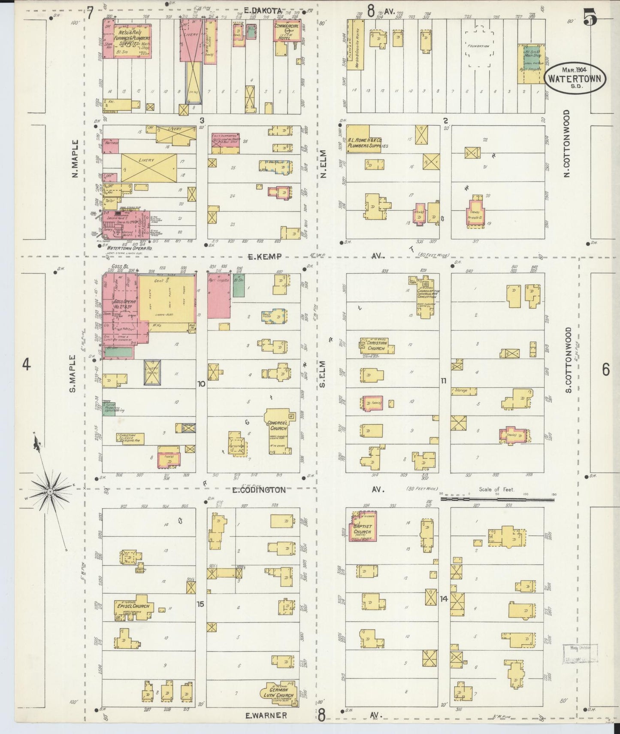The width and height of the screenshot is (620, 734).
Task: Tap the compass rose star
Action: [50, 491]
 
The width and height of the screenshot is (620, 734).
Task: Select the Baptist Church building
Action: [363, 527]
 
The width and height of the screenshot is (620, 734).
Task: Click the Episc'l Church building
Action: [133, 606]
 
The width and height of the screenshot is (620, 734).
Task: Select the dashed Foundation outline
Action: [481, 46]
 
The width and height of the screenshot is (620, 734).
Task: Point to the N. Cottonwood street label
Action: [567, 144]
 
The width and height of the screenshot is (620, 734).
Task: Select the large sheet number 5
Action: [590, 16]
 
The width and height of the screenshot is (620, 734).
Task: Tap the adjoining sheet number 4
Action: [27, 365]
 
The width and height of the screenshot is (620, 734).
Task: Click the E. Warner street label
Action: [266, 716]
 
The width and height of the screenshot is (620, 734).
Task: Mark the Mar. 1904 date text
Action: [575, 69]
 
